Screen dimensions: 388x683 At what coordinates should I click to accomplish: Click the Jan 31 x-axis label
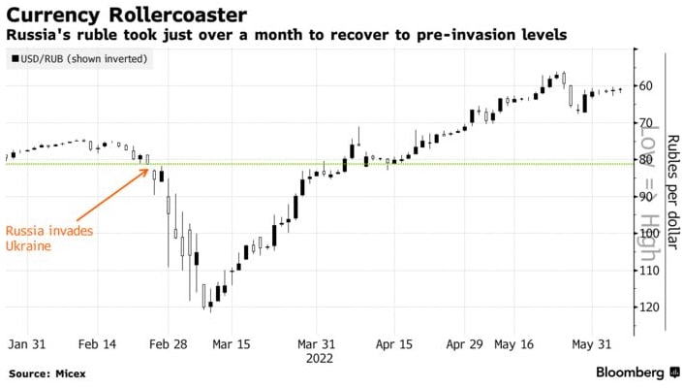click(26, 343)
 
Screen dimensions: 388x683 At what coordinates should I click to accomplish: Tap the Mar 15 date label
click(231, 343)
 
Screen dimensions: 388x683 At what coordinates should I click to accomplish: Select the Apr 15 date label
click(393, 343)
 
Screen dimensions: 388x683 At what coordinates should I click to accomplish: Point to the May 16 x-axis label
click(513, 343)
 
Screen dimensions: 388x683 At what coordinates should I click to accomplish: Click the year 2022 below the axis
click(320, 358)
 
